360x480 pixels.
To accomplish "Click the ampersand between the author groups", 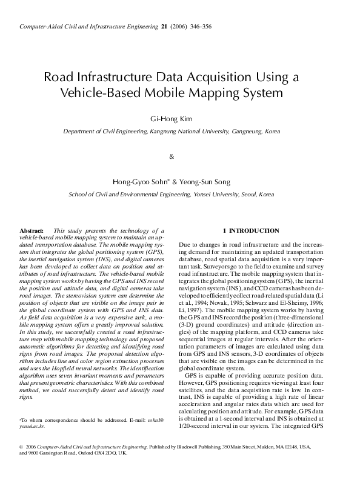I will (172, 157).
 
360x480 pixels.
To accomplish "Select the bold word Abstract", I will (32, 231).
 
